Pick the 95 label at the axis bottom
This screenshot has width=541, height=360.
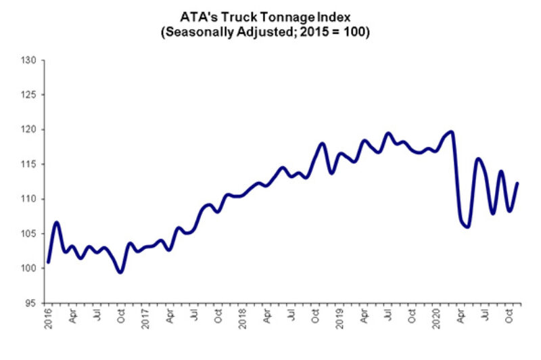click(x=31, y=303)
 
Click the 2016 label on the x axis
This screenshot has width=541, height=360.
click(x=49, y=317)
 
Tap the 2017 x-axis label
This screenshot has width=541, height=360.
click(x=144, y=317)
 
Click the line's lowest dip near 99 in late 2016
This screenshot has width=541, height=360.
click(x=120, y=272)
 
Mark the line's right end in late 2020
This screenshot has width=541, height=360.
click(x=517, y=183)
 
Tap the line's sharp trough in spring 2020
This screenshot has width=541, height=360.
click(x=467, y=227)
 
